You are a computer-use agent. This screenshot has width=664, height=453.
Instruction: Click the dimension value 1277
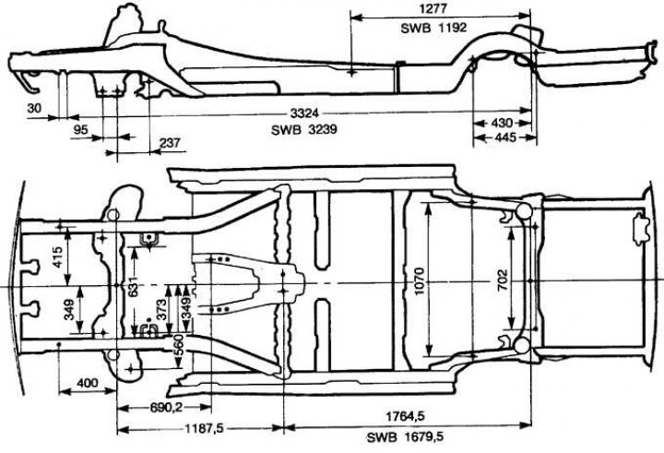coord(432,8)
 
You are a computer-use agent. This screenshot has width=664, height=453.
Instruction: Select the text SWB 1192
coord(433,28)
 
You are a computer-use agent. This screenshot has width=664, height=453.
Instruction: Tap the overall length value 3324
coord(304,113)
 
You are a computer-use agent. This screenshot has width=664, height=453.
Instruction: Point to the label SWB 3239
coord(304,129)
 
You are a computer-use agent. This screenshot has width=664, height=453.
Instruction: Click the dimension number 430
coord(502,124)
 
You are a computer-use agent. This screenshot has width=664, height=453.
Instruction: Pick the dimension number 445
coord(504,137)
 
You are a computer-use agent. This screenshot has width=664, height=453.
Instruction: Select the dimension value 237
coord(170,143)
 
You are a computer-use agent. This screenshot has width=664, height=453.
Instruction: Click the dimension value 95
coord(81,129)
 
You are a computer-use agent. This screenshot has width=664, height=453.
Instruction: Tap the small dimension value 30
coord(34,108)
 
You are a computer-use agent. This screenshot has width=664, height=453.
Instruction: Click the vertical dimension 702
coord(503,280)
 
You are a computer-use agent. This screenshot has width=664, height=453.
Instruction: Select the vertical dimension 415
coord(57,256)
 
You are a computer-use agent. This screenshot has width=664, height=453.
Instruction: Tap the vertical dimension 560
coord(178,346)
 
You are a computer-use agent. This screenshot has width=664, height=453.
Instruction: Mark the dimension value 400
coord(88,383)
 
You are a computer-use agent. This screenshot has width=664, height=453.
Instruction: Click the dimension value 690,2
coord(166,408)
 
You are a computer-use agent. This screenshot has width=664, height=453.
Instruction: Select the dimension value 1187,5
coord(203,428)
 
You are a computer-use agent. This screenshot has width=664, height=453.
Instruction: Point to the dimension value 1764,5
coord(405,416)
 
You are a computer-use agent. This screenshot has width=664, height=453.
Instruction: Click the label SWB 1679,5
coord(405,437)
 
